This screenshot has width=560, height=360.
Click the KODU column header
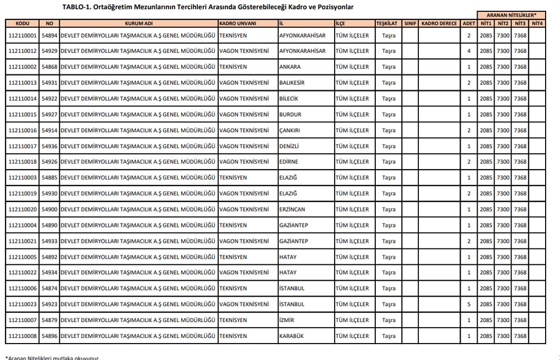pyautogui.click(x=23, y=23)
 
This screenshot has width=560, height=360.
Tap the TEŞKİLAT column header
pyautogui.click(x=389, y=23)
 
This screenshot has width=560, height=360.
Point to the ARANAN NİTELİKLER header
pyautogui.click(x=511, y=15)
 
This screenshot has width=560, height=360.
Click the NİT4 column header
pyautogui.click(x=537, y=23)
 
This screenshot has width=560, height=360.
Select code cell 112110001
pyautogui.click(x=23, y=35)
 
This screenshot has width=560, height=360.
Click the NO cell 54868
pyautogui.click(x=49, y=67)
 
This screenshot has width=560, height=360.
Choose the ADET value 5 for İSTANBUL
pyautogui.click(x=469, y=304)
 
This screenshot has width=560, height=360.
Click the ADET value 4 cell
pyautogui.click(x=469, y=51)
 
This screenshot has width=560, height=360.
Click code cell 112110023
pyautogui.click(x=23, y=304)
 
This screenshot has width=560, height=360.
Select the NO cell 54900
pyautogui.click(x=49, y=209)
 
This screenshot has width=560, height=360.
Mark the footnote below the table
pyautogui.click(x=52, y=358)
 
